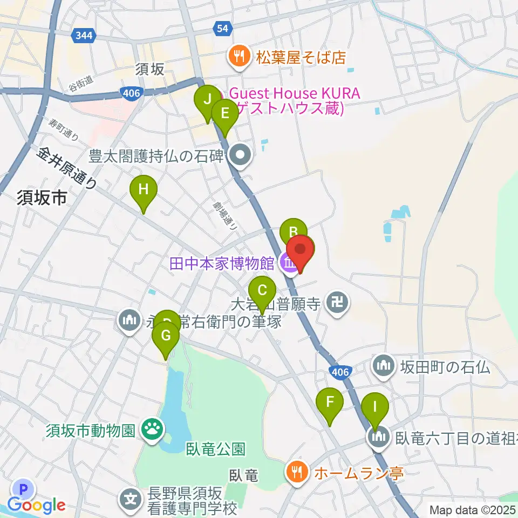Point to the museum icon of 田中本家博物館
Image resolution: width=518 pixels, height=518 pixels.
coord(289,264)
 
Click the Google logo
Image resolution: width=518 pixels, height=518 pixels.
coord(37,505)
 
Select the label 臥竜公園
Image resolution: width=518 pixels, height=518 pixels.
coord(215,448)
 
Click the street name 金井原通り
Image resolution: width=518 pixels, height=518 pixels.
coord(67,168)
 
